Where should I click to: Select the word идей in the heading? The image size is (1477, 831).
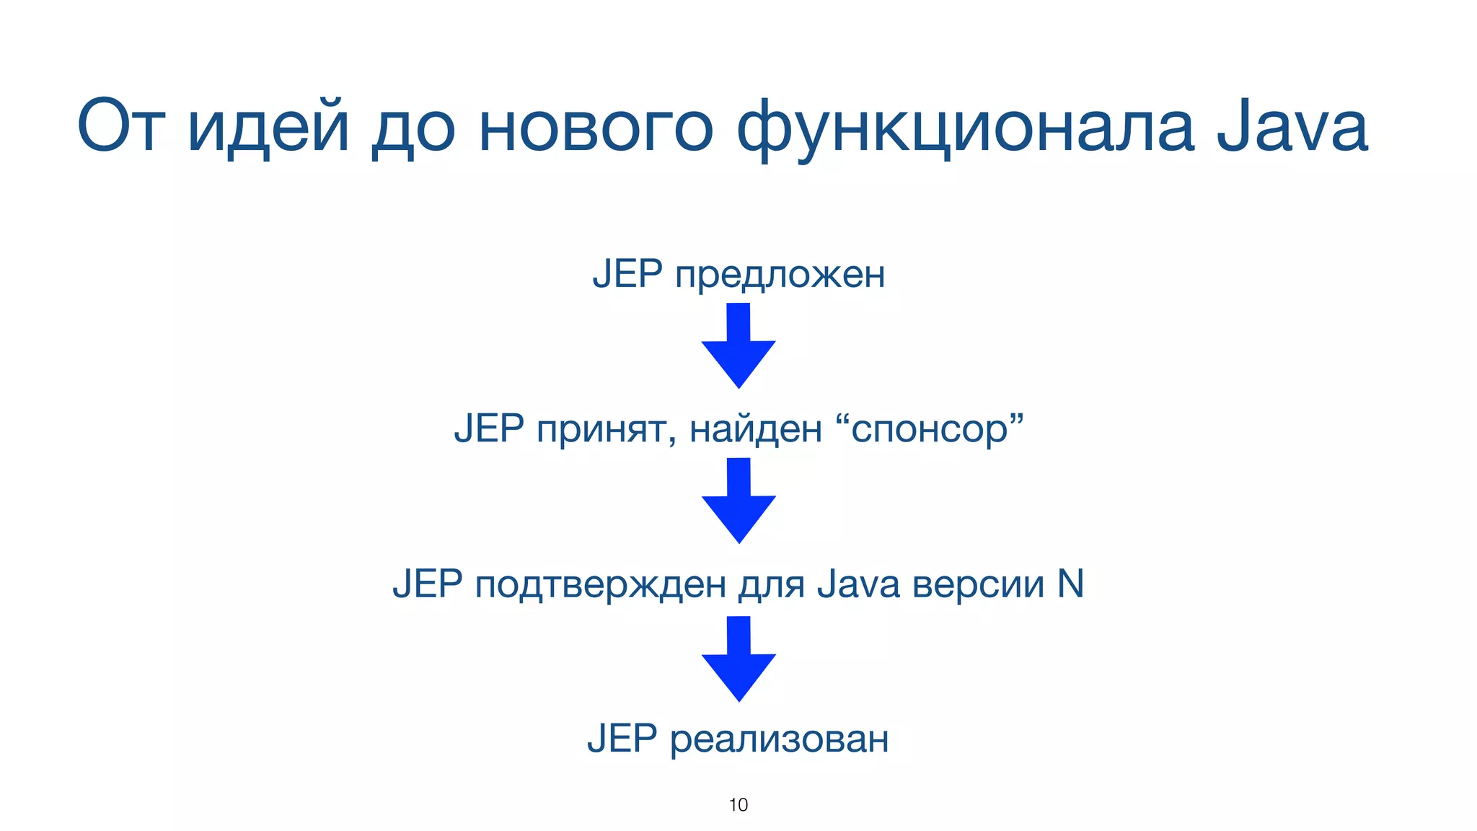[268, 128]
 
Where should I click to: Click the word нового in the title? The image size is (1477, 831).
[596, 128]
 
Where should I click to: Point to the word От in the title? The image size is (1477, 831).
[120, 128]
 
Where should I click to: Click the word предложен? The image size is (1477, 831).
[780, 276]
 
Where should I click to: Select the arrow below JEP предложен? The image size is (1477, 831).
[738, 346]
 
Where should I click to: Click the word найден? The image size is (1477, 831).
[755, 430]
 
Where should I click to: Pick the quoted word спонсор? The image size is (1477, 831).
[930, 430]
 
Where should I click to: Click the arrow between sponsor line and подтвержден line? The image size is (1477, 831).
[738, 501]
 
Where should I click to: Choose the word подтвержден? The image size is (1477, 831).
[600, 584]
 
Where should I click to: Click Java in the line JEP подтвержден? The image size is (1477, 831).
[858, 584]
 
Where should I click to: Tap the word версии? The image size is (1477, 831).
[977, 584]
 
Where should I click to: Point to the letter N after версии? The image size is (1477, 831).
[1070, 584]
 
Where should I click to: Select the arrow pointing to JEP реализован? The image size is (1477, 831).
[738, 659]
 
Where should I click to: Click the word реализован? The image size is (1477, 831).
[779, 740]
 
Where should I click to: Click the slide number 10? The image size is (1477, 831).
[738, 805]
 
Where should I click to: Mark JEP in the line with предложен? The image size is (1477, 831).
[627, 274]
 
